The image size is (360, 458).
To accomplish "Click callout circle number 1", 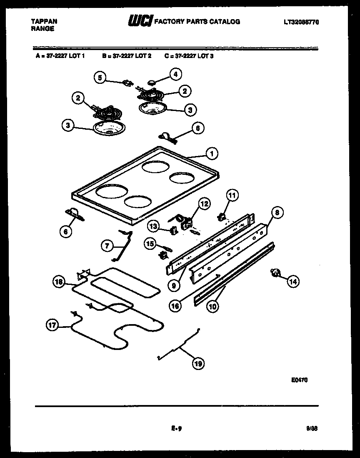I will [212, 154].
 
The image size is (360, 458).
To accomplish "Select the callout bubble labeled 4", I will [175, 75].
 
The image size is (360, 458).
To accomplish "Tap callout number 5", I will [100, 77].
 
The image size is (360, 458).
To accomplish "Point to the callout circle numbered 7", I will [107, 246].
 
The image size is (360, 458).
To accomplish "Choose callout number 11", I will [232, 195].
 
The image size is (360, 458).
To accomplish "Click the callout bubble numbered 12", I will [204, 204].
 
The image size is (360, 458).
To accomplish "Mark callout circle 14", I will [293, 282].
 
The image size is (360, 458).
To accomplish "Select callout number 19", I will [198, 364].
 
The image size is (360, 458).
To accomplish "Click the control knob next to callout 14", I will [275, 273].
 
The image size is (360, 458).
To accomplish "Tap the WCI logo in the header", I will [140, 21].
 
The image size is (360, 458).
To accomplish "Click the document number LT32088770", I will [301, 22].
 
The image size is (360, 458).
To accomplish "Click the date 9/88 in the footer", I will [312, 428].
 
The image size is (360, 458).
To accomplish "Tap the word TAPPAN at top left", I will [44, 21].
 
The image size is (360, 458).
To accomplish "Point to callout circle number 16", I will [175, 306].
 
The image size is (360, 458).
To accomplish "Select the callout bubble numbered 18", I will [59, 282].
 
